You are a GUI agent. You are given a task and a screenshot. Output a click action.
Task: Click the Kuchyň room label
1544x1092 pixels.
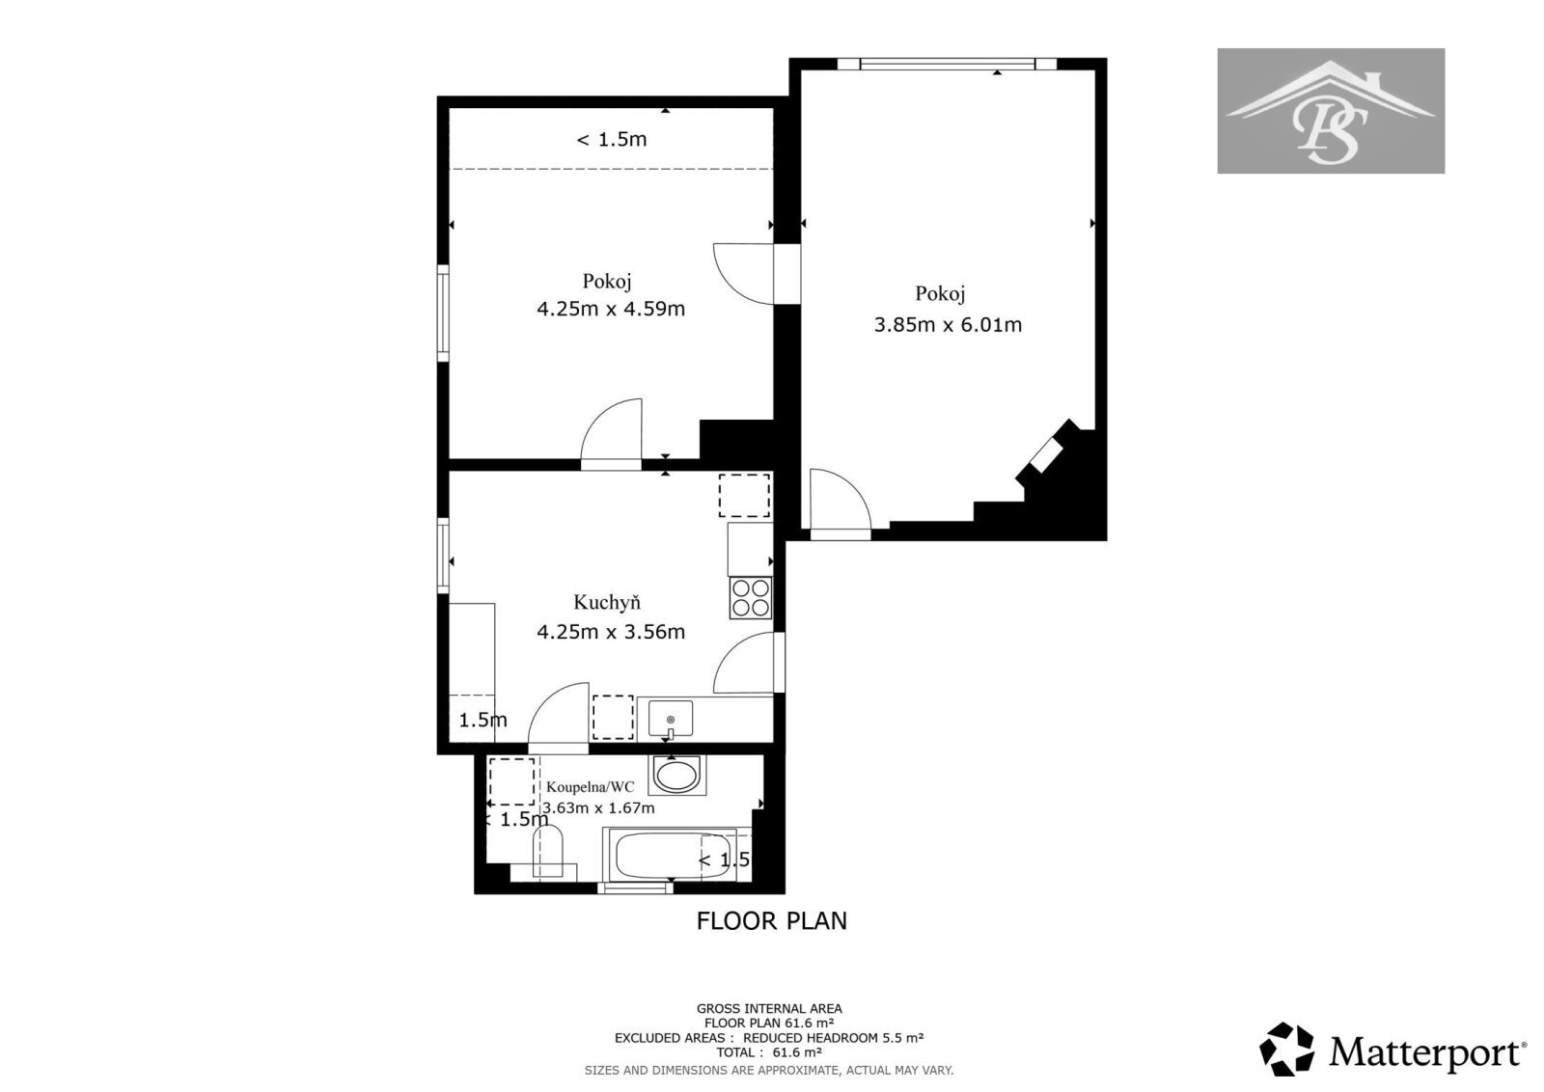[607, 603]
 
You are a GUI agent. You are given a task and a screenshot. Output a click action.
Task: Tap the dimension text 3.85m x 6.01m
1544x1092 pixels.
[948, 324]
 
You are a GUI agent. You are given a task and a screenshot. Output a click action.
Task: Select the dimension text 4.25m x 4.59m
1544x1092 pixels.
[611, 309]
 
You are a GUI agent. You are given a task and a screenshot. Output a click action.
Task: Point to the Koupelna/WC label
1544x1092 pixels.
[590, 787]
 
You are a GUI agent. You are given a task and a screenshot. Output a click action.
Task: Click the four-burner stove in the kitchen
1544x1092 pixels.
[751, 598]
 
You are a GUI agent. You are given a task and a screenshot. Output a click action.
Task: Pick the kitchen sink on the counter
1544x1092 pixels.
[670, 720]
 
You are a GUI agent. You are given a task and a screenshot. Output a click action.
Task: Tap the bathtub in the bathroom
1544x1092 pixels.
[673, 856]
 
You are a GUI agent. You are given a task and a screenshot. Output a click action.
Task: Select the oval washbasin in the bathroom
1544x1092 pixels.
[676, 775]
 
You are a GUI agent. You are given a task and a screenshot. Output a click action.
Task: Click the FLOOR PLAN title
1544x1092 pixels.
[771, 921]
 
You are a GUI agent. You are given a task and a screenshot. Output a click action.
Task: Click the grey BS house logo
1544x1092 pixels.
[1331, 111]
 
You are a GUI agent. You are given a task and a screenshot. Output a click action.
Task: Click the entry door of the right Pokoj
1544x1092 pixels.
[841, 499]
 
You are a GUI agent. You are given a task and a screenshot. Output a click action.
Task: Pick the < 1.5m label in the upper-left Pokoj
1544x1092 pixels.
[612, 139]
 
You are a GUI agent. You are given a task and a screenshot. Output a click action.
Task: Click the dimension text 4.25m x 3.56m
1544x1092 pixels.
[611, 632]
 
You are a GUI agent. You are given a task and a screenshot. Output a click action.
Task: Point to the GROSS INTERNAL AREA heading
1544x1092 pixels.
[769, 1009]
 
